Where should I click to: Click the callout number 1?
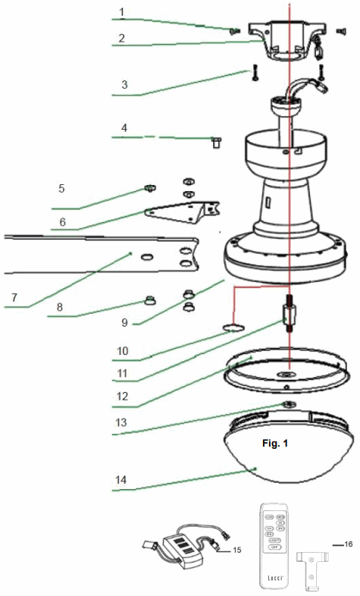121,13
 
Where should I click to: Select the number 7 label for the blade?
13,293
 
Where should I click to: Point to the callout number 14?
121,480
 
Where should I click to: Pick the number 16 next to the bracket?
348,544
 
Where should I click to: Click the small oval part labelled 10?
234,328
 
